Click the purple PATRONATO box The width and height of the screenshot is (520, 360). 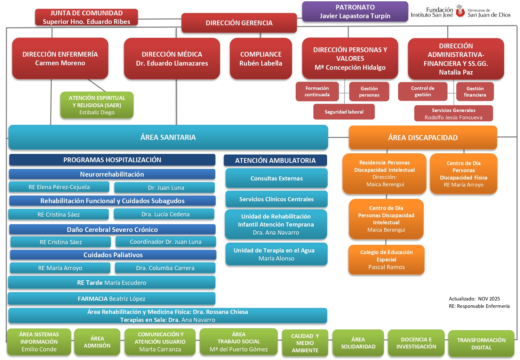pos(355,12)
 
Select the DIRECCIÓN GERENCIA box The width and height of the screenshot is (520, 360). pos(239,23)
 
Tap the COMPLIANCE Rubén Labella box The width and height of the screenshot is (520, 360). pos(260,59)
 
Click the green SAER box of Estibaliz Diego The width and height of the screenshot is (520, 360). pos(97,105)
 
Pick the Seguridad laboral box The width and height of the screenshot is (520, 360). pos(344,112)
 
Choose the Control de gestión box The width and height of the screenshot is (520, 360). pos(422,92)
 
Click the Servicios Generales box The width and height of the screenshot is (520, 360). pos(453,114)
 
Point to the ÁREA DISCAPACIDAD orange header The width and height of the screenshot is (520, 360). pos(422,138)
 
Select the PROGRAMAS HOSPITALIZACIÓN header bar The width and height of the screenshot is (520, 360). pos(112,160)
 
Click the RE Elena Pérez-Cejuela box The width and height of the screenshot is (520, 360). pos(59,187)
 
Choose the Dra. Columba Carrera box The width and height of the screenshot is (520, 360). pos(165,268)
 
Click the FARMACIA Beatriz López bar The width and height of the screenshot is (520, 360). pos(111,299)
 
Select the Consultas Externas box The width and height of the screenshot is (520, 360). pos(276,178)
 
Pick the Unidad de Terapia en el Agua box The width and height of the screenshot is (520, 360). pos(276,254)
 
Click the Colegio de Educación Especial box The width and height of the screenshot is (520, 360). pos(386,260)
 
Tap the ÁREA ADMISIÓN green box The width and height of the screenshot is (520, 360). pos(97,342)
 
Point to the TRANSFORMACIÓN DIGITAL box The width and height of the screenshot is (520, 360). pos(481,344)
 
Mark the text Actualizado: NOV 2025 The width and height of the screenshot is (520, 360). pos(474,299)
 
